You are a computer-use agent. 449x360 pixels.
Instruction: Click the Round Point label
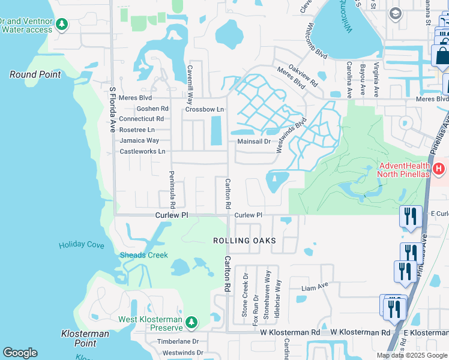click(35, 74)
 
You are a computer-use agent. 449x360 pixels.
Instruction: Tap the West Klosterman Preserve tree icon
click(191, 323)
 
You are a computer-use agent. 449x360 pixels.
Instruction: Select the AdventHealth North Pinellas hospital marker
click(439, 170)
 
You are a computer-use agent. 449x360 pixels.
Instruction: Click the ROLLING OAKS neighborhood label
click(244, 241)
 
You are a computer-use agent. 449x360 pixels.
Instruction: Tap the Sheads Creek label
click(144, 255)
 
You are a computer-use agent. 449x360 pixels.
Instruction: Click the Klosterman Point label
click(85, 338)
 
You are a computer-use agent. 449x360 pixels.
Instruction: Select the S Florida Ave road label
click(112, 110)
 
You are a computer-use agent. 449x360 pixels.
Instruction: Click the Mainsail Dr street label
click(255, 142)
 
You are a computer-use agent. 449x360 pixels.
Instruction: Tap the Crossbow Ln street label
click(204, 109)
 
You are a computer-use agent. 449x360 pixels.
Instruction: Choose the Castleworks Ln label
click(142, 151)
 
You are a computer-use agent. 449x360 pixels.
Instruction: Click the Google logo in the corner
click(20, 353)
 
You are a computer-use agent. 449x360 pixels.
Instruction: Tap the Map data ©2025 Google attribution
click(412, 355)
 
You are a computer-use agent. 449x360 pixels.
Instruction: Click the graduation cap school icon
click(395, 13)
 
